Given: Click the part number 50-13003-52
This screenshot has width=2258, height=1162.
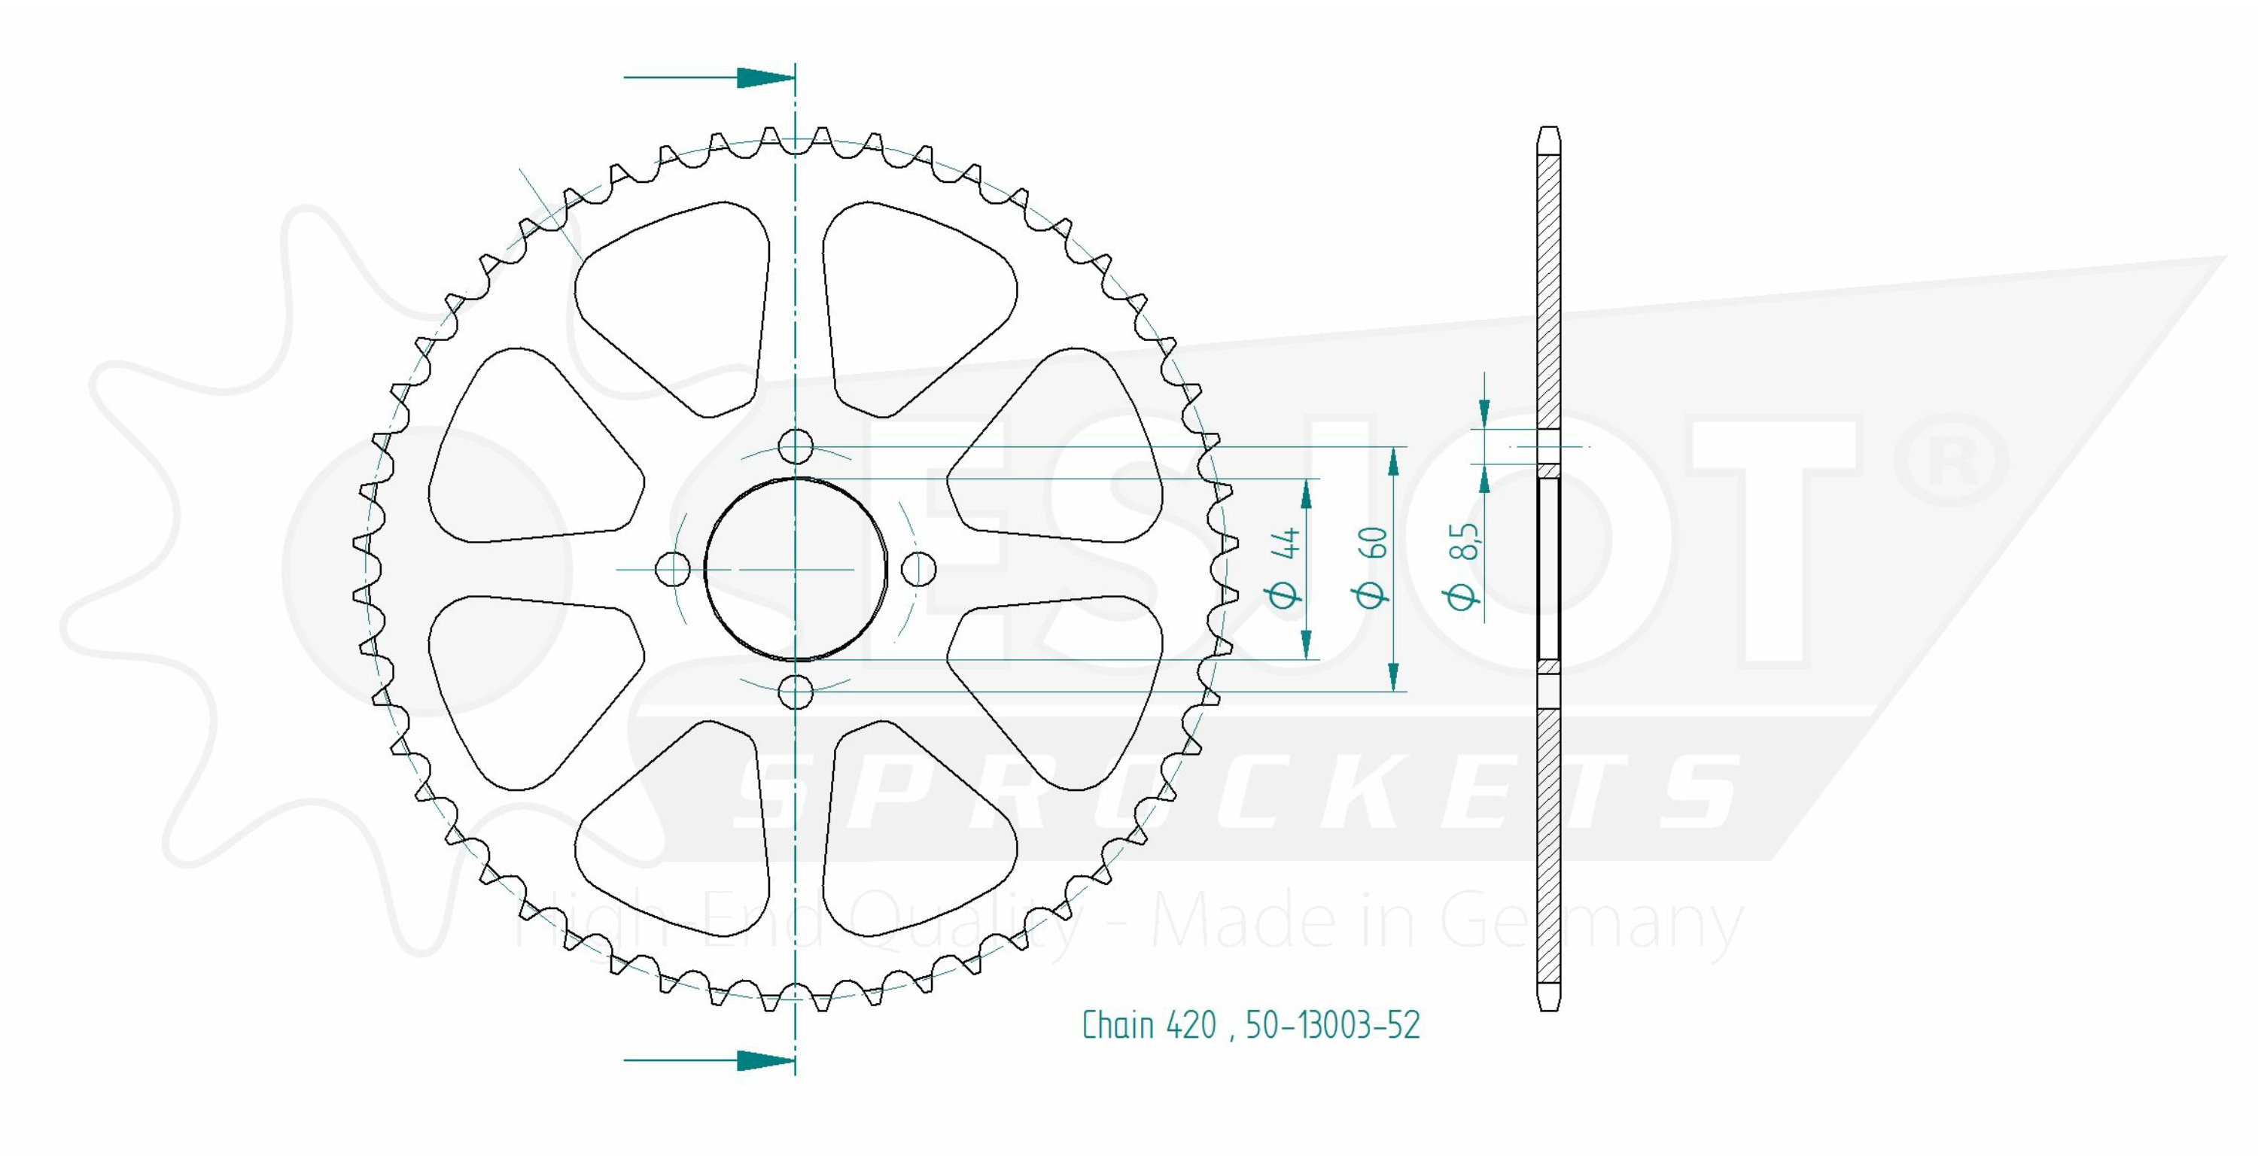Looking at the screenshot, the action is pos(1332,1024).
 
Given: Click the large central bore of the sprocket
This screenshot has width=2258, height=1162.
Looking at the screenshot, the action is pos(795,569).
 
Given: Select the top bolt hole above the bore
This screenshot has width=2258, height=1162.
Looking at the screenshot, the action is pos(795,447).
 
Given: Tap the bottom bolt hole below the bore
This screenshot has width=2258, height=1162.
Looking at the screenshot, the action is pos(795,692).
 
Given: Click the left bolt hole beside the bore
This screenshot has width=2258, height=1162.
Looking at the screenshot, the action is pos(672,570).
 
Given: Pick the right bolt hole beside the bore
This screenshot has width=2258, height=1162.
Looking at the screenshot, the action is pos(918,570).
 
